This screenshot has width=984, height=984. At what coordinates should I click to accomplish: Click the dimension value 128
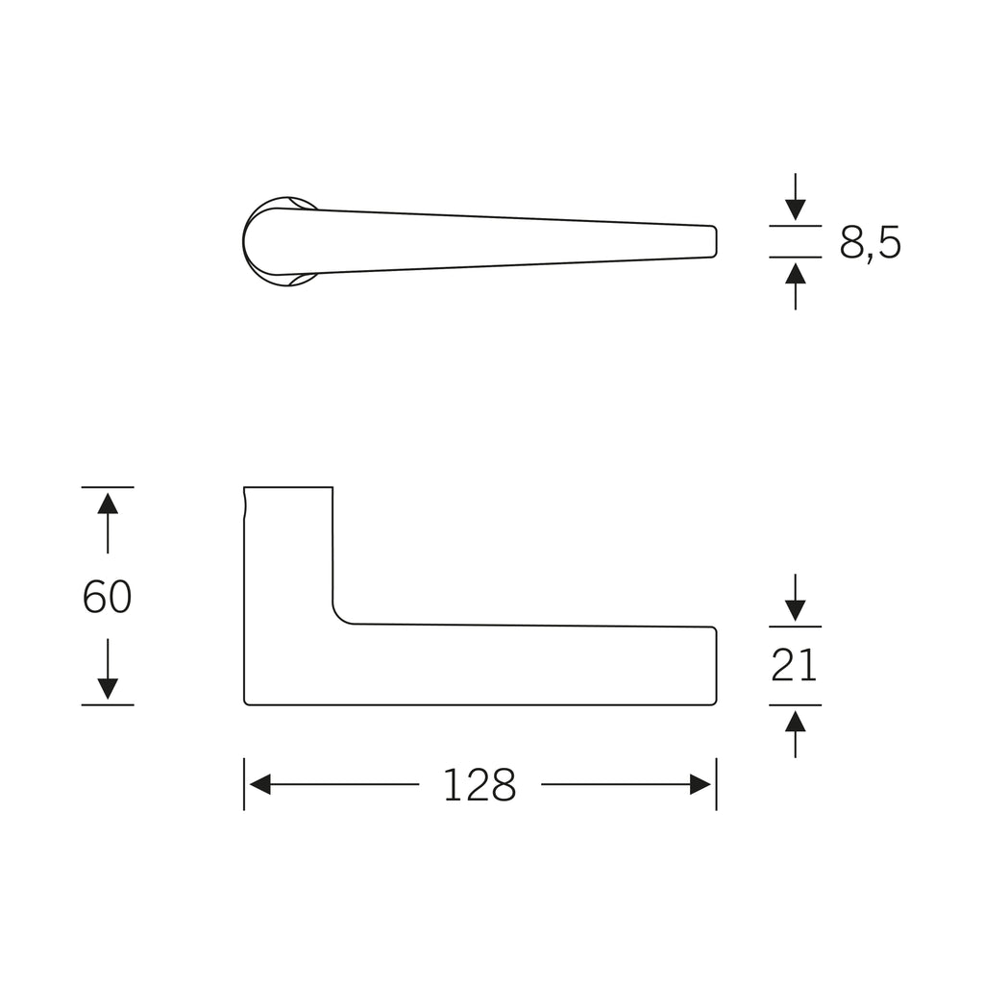(480, 785)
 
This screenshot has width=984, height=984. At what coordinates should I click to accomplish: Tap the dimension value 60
(108, 597)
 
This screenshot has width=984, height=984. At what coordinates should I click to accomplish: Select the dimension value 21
(795, 665)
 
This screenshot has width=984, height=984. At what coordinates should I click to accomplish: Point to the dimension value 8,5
(871, 243)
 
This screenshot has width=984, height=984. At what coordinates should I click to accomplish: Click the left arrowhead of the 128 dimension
(259, 784)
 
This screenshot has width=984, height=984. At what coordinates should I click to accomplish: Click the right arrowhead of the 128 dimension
(701, 784)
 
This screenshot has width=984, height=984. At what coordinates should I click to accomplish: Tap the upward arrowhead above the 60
(108, 504)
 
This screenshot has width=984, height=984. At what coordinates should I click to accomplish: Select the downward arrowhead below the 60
(108, 689)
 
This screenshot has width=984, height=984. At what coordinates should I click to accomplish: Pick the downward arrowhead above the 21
(795, 610)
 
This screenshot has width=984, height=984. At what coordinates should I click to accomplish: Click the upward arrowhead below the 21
(795, 721)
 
